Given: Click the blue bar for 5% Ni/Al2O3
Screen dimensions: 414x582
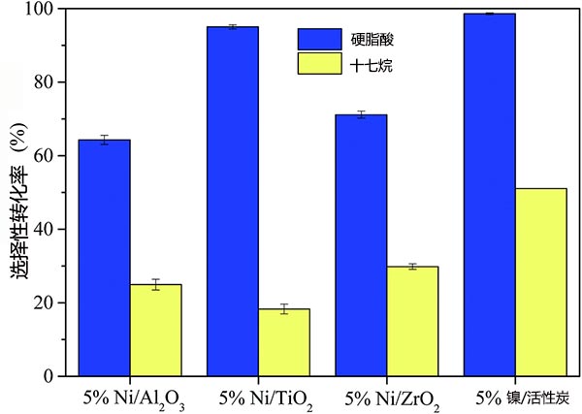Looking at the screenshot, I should pyautogui.click(x=105, y=258).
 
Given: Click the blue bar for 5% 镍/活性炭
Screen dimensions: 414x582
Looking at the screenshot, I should pyautogui.click(x=490, y=194).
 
